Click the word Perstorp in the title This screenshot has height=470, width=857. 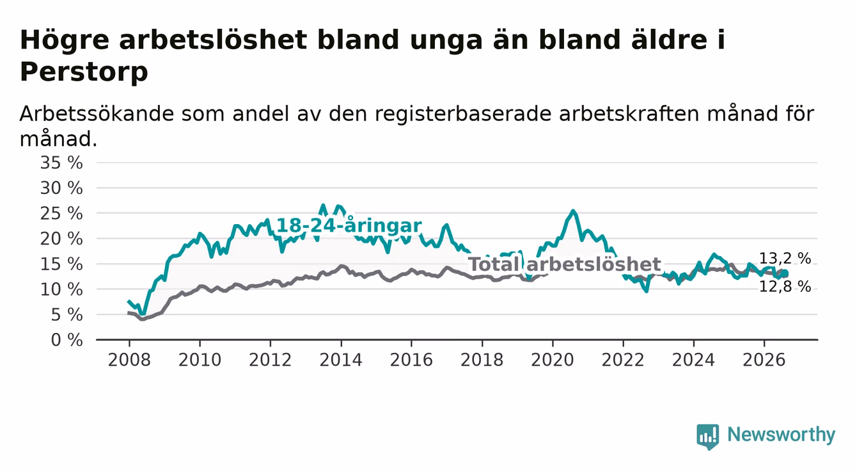click(x=84, y=72)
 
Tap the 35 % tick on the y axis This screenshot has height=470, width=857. click(x=61, y=163)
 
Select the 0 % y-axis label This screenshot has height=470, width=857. click(x=67, y=340)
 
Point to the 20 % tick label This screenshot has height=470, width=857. click(x=61, y=239)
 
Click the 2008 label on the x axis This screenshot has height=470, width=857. click(x=129, y=360)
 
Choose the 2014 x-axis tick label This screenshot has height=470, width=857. click(x=341, y=360)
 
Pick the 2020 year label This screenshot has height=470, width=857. click(x=553, y=360)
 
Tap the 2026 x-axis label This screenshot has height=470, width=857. click(x=764, y=360)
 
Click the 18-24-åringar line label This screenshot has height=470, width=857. click(x=349, y=225)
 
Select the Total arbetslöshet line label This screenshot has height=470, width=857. click(x=565, y=264)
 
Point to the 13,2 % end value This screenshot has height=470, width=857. click(x=785, y=259)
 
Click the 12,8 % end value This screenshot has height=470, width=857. click(x=785, y=286)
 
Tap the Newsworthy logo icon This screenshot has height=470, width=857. click(x=707, y=436)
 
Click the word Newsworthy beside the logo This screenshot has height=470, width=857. click(x=782, y=435)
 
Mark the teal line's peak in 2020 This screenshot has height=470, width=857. click(x=573, y=210)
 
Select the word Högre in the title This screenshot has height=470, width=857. click(x=64, y=40)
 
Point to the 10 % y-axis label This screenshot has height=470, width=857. click(x=61, y=289)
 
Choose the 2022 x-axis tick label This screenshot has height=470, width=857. click(x=623, y=360)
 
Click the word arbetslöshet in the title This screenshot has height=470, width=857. click(x=213, y=40)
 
